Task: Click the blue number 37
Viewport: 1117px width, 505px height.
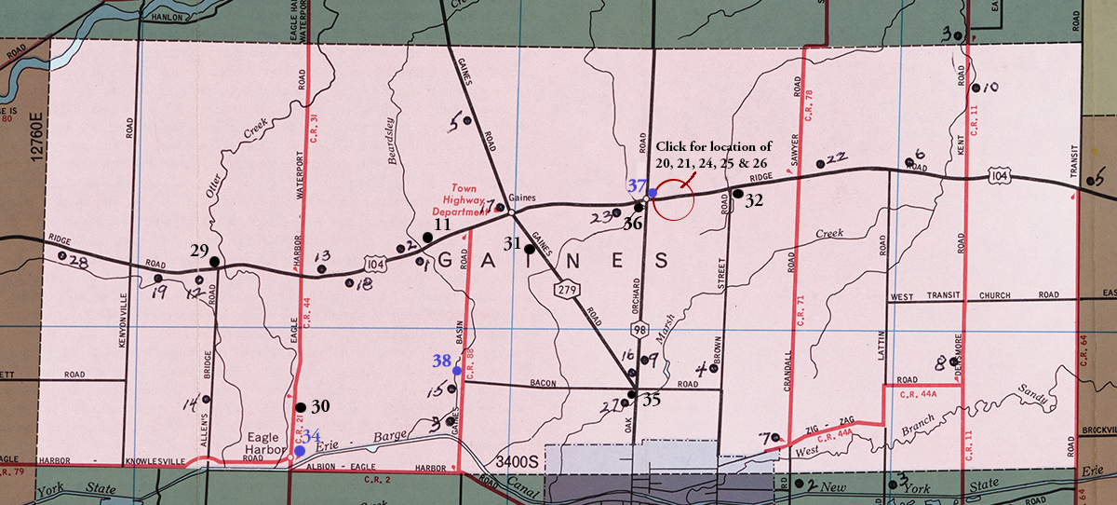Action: click(x=636, y=185)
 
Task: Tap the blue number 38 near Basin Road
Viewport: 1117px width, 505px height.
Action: click(x=442, y=361)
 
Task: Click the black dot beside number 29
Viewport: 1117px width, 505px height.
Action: click(x=214, y=262)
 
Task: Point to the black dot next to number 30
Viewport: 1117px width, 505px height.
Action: click(x=300, y=407)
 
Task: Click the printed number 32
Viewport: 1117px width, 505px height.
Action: click(x=754, y=199)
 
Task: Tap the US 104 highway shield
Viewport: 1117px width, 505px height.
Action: click(x=1000, y=175)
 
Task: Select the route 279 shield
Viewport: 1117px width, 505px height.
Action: click(x=569, y=291)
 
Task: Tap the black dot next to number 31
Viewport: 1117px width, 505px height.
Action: click(x=530, y=249)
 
